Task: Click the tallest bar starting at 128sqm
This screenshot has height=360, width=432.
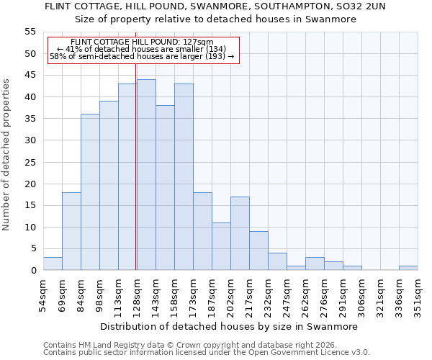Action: pyautogui.click(x=146, y=175)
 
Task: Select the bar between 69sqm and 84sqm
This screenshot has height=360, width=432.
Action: pyautogui.click(x=71, y=231)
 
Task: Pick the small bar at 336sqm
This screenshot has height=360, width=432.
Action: pyautogui.click(x=408, y=268)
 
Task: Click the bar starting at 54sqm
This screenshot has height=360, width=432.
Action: pyautogui.click(x=53, y=264)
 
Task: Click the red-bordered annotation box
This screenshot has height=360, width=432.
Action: pyautogui.click(x=143, y=50)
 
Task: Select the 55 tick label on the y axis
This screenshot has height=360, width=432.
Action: pyautogui.click(x=30, y=32)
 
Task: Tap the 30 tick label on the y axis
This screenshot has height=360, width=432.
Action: pyautogui.click(x=30, y=140)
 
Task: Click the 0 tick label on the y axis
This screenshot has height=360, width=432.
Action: pyautogui.click(x=33, y=271)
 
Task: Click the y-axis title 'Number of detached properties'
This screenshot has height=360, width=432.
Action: pyautogui.click(x=7, y=155)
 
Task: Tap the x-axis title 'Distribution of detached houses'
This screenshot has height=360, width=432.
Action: pyautogui.click(x=229, y=326)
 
